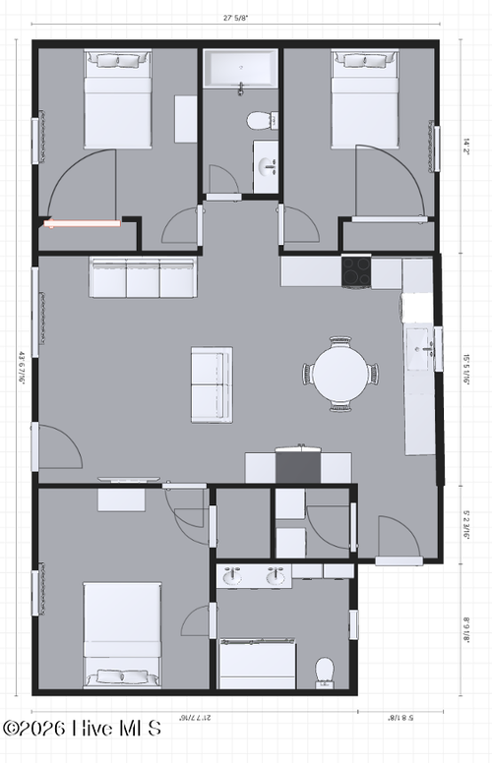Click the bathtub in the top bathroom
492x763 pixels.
(241, 71)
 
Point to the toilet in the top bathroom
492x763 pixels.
(261, 122)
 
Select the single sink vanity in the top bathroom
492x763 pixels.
(266, 165)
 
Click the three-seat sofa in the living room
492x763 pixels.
(144, 277)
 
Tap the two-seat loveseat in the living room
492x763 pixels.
(212, 383)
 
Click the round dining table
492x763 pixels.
(340, 375)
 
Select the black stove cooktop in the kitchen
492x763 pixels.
(356, 271)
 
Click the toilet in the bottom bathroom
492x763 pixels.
(326, 672)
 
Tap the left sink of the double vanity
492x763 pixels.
(232, 577)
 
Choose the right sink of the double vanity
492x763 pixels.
(276, 577)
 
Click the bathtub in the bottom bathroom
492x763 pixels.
(257, 665)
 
